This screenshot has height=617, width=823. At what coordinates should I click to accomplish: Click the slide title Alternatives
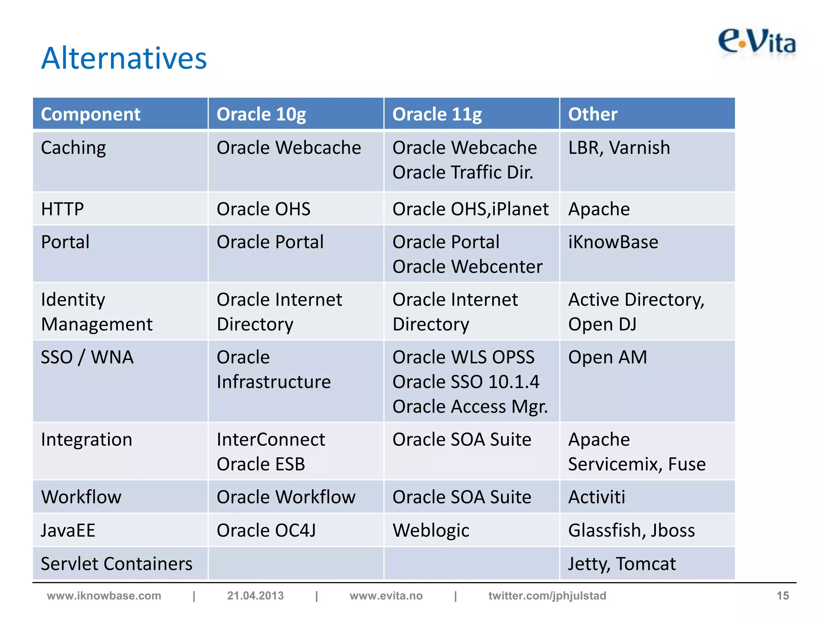124,58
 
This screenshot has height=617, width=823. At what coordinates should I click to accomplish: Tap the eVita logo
757,42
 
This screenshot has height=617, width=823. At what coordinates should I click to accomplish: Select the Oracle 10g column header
261,114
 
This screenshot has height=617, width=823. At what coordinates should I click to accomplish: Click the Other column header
593,114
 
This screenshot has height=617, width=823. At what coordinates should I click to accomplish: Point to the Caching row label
74,148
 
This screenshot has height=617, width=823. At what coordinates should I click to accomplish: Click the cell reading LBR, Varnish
619,148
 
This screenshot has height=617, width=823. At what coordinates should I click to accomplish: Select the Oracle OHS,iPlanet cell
470,209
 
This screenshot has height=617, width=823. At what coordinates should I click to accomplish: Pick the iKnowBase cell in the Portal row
613,242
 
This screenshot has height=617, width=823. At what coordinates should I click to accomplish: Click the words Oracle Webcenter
467,267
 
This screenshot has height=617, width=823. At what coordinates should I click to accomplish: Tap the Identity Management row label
96,312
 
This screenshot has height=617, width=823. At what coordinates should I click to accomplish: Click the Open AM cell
608,357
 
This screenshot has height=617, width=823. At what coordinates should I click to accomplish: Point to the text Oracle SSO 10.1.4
466,382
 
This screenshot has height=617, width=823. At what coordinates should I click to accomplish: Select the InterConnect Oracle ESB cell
270,452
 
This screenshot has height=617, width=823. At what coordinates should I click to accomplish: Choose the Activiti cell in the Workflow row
597,497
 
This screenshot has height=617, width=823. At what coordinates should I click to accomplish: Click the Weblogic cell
431,530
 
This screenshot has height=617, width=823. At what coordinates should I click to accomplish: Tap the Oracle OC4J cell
266,530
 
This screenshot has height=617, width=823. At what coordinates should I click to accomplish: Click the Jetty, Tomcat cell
622,564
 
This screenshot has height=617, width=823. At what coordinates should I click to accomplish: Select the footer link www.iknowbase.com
104,596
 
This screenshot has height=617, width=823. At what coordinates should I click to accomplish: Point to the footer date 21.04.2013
255,596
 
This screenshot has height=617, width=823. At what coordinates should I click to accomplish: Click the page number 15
782,596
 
